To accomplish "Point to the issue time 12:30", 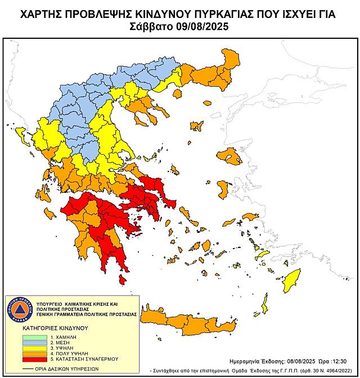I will [345, 361].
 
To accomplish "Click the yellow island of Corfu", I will [22, 135].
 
